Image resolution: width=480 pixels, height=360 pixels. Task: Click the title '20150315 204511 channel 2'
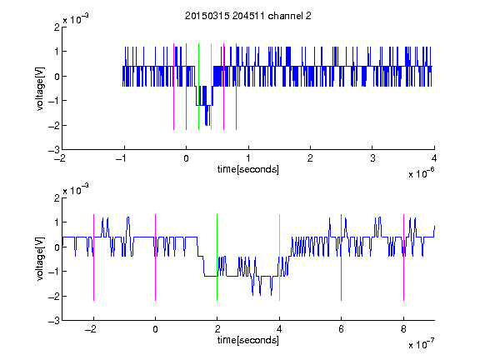pyautogui.click(x=248, y=16)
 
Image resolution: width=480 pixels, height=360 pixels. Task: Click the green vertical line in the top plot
pyautogui.click(x=198, y=87)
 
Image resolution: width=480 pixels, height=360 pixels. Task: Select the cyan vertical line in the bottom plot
pyautogui.click(x=279, y=257)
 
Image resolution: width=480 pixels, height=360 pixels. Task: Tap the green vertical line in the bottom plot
pyautogui.click(x=217, y=257)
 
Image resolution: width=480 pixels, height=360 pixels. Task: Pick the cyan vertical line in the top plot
pyautogui.click(x=211, y=87)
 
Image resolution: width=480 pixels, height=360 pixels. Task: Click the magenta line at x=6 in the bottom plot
pyautogui.click(x=342, y=257)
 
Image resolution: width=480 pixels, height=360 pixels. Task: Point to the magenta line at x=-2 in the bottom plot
pyautogui.click(x=93, y=257)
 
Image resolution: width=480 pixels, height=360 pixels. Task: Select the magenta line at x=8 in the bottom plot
pyautogui.click(x=404, y=257)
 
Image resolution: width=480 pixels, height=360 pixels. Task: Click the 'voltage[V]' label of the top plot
pyautogui.click(x=40, y=89)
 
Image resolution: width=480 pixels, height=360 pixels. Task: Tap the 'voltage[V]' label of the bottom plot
pyautogui.click(x=40, y=259)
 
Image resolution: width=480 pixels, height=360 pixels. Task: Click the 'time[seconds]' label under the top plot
pyautogui.click(x=248, y=169)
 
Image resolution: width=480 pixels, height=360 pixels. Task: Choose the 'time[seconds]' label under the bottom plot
pyautogui.click(x=248, y=340)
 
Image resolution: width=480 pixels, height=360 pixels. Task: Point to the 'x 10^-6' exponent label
pyautogui.click(x=421, y=172)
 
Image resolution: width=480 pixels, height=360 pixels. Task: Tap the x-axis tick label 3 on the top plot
pyautogui.click(x=372, y=158)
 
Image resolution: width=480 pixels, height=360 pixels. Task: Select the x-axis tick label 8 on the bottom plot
pyautogui.click(x=403, y=329)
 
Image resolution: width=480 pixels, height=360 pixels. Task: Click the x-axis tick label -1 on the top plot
pyautogui.click(x=122, y=158)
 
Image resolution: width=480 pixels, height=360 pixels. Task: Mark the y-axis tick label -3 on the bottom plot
pyautogui.click(x=54, y=321)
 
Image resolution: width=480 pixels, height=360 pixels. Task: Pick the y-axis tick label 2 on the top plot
pyautogui.click(x=57, y=27)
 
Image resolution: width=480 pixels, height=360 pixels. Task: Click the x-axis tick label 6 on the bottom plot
pyautogui.click(x=341, y=329)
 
